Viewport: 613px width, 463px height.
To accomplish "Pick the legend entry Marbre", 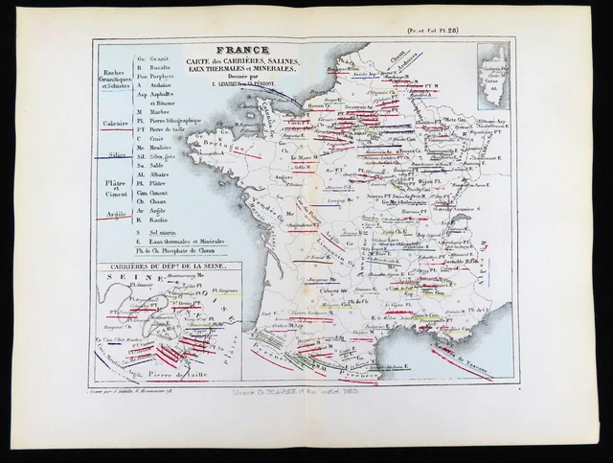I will [157, 111].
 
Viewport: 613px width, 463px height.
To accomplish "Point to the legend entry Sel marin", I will [163, 232].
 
